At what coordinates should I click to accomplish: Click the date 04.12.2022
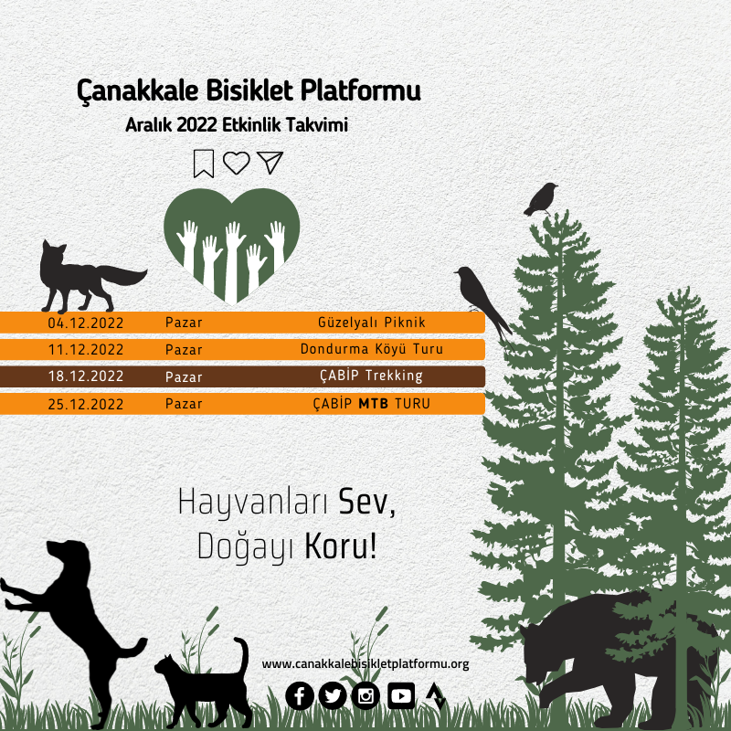click(86, 323)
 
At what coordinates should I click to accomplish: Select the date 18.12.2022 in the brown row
click(86, 376)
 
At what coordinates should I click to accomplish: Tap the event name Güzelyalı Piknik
click(372, 323)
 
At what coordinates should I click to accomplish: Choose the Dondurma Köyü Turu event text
click(372, 349)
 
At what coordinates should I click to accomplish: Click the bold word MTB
click(374, 404)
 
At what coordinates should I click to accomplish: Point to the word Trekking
click(394, 376)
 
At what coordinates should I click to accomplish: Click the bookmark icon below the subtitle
click(204, 164)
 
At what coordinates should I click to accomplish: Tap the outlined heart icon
click(237, 164)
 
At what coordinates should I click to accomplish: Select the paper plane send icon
click(270, 163)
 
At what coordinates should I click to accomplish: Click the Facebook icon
click(300, 696)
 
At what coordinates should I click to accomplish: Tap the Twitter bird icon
click(333, 696)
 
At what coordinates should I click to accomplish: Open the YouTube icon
click(401, 696)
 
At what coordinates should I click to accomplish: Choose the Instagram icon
click(366, 696)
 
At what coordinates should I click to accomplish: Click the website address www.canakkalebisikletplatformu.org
click(365, 664)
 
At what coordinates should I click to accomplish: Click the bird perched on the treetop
click(541, 199)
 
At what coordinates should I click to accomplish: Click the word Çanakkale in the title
click(138, 90)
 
